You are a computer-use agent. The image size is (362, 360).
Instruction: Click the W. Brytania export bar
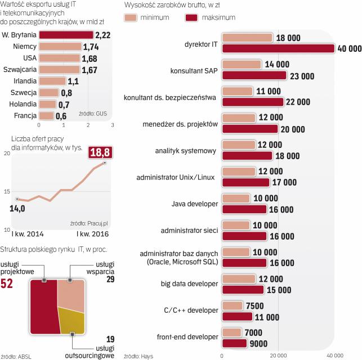coord(66,35)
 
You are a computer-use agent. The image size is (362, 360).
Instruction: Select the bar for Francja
coord(46,116)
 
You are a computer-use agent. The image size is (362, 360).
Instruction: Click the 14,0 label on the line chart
coord(18,209)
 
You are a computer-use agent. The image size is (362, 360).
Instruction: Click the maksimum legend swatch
coord(193,17)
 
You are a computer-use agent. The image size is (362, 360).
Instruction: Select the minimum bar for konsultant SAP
coord(242,65)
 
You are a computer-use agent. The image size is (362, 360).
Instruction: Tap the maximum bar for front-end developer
coord(235,343)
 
